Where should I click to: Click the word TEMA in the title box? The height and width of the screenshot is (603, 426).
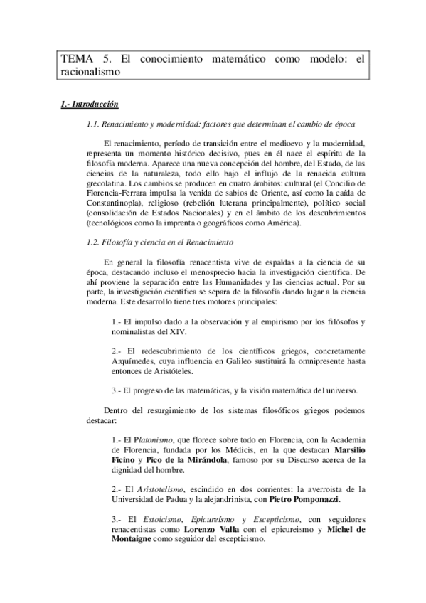tap(75, 59)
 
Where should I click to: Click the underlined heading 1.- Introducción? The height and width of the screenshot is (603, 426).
tap(90, 104)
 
